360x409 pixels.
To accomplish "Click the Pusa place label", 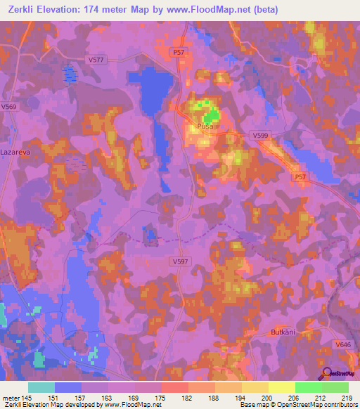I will pyautogui.click(x=205, y=127).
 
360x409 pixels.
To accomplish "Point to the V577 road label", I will pyautogui.click(x=97, y=59).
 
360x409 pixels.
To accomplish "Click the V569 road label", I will pyautogui.click(x=9, y=107).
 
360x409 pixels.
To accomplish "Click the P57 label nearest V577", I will pyautogui.click(x=180, y=52).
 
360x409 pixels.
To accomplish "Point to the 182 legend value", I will pyautogui.click(x=187, y=397).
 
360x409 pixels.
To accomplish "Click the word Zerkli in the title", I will pyautogui.click(x=25, y=10).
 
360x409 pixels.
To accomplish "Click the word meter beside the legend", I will pyautogui.click(x=11, y=397).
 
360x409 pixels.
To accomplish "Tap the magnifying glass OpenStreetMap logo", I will pyautogui.click(x=328, y=372).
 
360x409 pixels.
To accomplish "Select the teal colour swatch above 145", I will pyautogui.click(x=41, y=387).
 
